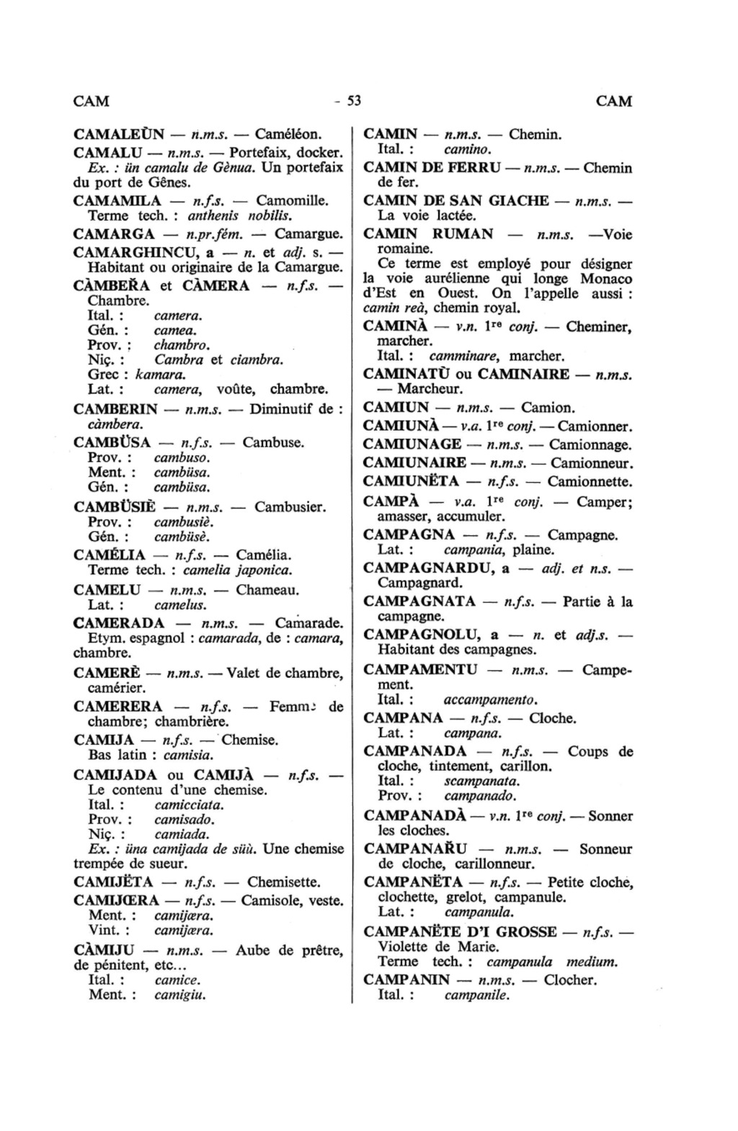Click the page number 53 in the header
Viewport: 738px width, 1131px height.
click(x=353, y=101)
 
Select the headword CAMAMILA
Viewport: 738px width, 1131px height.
click(x=117, y=200)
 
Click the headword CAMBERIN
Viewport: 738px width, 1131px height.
click(x=115, y=409)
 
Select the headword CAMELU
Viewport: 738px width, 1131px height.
click(x=107, y=590)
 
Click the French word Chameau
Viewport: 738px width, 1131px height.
click(x=267, y=590)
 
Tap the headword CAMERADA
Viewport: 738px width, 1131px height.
click(x=119, y=623)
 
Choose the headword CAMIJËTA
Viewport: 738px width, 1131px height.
click(x=113, y=882)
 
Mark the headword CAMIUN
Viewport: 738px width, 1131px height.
click(x=396, y=408)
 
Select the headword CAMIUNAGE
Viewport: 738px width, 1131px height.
click(x=412, y=445)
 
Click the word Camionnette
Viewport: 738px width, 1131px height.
click(x=590, y=481)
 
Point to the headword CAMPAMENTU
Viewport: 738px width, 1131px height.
click(x=420, y=669)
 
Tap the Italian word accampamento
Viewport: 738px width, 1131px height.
click(x=491, y=699)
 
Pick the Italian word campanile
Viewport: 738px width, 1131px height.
click(x=476, y=996)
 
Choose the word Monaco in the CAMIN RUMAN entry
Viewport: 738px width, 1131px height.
click(x=606, y=279)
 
